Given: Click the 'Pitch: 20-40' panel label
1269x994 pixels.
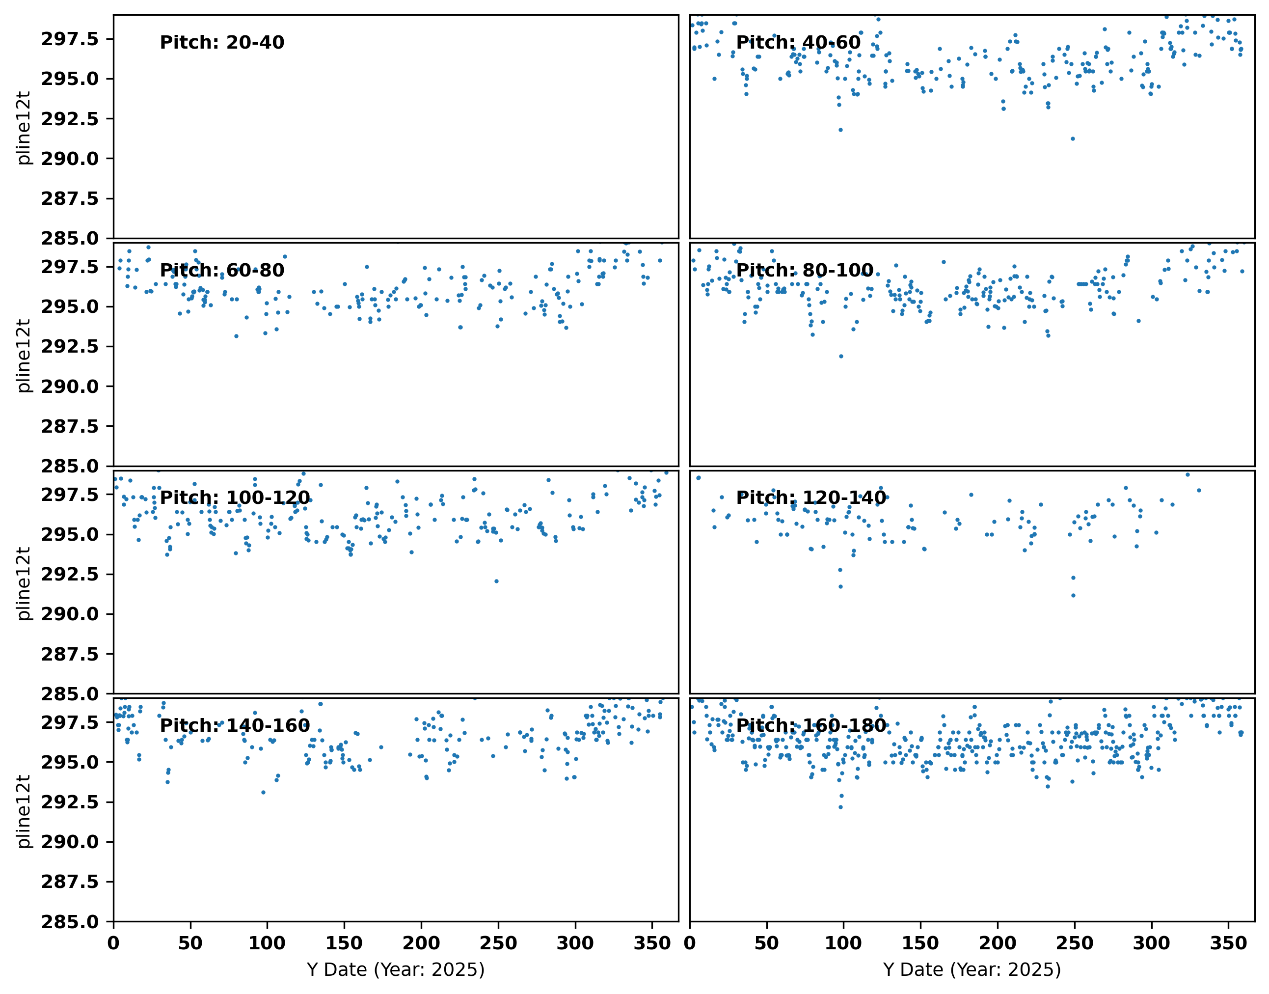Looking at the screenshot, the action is (x=222, y=43).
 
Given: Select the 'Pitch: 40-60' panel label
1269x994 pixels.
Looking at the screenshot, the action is (x=799, y=43).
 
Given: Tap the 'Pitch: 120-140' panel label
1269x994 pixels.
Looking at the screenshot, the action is (x=811, y=497).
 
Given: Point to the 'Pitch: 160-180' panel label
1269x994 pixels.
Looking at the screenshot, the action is (x=811, y=725).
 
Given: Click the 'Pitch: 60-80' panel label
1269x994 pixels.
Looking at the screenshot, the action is (x=222, y=270).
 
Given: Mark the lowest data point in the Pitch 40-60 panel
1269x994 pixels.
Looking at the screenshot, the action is (x=1073, y=138).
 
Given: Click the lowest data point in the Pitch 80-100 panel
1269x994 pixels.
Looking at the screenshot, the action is (x=841, y=356).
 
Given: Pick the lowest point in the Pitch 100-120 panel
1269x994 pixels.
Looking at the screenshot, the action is (x=496, y=581).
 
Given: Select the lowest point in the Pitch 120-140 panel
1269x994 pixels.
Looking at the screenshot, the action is (x=1074, y=595).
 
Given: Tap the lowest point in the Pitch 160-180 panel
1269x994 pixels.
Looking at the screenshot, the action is (x=840, y=807).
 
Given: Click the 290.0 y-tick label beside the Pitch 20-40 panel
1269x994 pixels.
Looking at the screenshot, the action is (x=70, y=158).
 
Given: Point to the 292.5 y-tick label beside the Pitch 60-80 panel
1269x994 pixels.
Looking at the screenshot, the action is (x=70, y=346).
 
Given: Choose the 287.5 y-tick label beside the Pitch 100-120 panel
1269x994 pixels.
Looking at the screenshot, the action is (x=70, y=654).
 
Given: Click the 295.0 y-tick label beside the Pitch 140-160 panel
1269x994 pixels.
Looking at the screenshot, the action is (x=70, y=762).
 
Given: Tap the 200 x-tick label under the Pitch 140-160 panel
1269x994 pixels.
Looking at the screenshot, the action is (x=421, y=943).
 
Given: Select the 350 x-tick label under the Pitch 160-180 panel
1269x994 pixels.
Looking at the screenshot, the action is (x=1228, y=943).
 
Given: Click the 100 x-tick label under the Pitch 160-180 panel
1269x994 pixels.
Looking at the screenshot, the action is (x=843, y=943).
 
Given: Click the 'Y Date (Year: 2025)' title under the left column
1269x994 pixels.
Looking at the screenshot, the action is (x=396, y=970).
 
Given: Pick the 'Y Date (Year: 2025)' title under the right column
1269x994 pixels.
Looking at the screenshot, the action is (x=972, y=970).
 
